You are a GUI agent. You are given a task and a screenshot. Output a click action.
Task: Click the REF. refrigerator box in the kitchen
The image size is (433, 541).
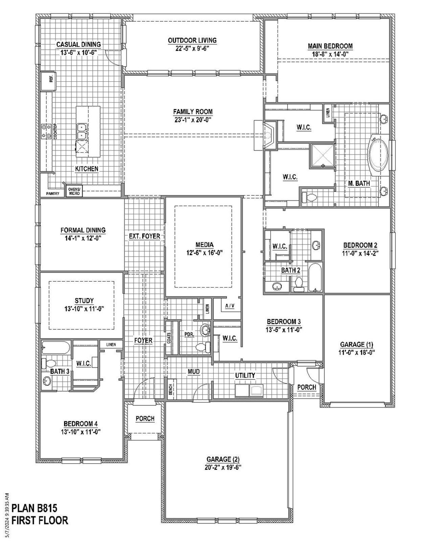point(48,81)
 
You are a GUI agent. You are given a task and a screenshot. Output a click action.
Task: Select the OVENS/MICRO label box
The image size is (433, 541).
point(74,191)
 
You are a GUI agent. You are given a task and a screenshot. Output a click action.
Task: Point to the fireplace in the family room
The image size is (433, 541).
point(268,135)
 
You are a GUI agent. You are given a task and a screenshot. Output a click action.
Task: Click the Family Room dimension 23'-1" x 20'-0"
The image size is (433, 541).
point(193,119)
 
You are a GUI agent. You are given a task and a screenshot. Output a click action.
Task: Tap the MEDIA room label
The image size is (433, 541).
point(204,245)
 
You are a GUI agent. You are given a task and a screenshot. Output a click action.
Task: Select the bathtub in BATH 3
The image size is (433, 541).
point(56,348)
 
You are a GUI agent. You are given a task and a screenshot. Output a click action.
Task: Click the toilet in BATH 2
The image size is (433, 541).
point(298,284)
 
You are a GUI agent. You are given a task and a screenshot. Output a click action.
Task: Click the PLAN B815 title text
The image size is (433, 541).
point(34,508)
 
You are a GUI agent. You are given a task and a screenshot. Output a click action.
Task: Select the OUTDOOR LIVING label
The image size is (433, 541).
point(192,41)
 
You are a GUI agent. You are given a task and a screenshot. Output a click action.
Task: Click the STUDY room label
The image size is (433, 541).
point(84,301)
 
